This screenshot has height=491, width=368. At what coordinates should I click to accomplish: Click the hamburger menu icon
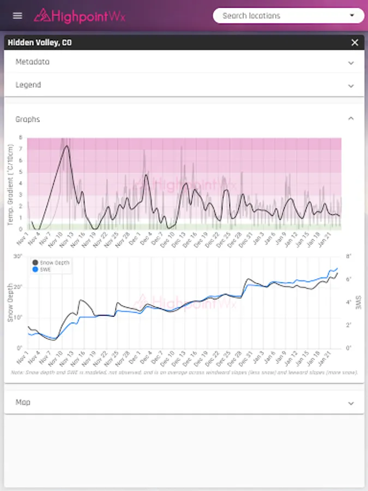click(17, 15)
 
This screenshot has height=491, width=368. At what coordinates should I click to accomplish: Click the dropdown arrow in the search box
click(352, 16)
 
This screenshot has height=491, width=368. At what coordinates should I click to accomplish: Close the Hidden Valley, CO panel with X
click(355, 43)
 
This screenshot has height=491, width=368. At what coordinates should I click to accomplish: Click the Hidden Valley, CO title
click(39, 43)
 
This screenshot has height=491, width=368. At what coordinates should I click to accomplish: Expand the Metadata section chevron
click(351, 62)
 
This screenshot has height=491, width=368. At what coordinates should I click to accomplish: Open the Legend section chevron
click(351, 86)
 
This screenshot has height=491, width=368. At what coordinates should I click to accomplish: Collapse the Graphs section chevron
click(351, 119)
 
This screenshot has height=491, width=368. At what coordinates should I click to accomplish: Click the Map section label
click(23, 403)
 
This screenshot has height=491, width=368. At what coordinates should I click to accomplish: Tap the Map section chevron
click(351, 403)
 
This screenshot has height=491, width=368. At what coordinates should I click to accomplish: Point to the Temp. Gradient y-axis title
click(11, 183)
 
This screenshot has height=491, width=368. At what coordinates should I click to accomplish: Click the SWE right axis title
click(358, 302)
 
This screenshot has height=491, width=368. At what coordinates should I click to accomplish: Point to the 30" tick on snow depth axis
click(18, 256)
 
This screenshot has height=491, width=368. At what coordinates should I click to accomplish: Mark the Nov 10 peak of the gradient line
click(67, 146)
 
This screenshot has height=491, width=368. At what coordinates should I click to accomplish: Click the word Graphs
click(28, 119)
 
